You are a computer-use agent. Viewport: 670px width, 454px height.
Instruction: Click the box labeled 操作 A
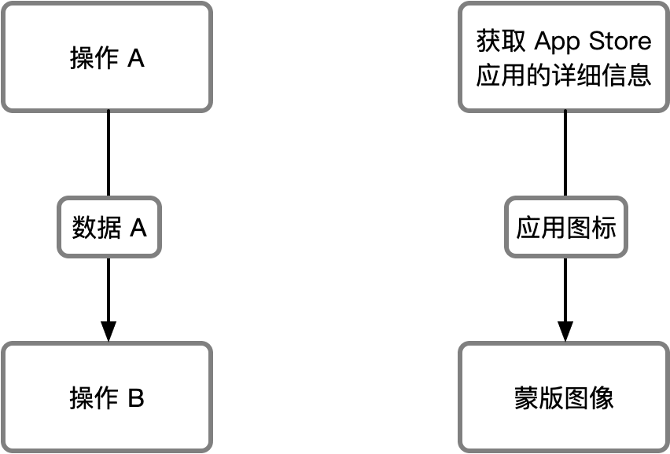[107, 58]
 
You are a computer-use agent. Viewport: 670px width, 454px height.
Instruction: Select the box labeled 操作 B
[107, 397]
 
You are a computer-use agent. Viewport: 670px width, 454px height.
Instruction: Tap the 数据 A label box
[109, 228]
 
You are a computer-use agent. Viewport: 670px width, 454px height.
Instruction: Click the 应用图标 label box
[566, 228]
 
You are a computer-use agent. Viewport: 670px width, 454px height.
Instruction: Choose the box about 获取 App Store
[564, 58]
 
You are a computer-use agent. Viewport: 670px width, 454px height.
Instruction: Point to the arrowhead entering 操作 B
[109, 331]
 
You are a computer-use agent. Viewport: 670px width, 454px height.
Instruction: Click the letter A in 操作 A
[135, 59]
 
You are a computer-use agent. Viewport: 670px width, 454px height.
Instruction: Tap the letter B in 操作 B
[135, 398]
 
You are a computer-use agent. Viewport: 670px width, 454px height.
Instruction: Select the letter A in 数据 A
[138, 229]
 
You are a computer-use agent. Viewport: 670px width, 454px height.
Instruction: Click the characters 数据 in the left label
[96, 229]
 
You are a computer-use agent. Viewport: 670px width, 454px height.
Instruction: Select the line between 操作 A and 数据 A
[109, 154]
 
